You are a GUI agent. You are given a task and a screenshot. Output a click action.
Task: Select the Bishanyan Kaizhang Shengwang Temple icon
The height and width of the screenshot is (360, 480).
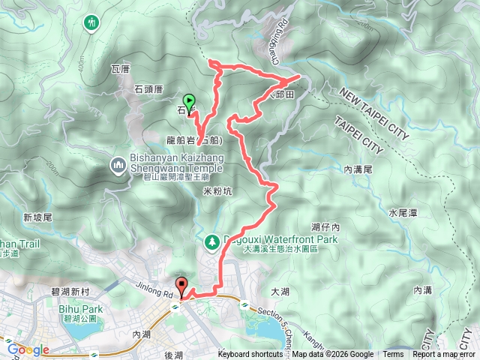click(118, 163)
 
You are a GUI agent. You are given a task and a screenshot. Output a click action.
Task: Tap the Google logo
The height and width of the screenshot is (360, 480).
click(28, 349)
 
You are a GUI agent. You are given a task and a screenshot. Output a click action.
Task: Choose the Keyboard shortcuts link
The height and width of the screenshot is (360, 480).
click(251, 355)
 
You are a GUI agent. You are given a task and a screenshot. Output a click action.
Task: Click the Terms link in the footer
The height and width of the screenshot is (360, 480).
click(393, 355)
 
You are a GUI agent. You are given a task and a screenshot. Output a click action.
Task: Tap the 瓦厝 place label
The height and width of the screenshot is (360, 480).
click(121, 69)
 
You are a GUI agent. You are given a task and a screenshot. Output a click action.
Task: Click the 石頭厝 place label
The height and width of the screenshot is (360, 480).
click(148, 88)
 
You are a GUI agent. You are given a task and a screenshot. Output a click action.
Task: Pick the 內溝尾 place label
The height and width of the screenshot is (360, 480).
click(358, 170)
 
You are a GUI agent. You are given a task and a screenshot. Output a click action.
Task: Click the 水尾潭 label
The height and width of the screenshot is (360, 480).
click(403, 213)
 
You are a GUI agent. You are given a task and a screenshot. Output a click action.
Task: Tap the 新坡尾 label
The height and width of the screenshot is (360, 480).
click(36, 217)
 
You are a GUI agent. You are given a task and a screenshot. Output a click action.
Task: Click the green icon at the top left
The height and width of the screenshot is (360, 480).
click(93, 22)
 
